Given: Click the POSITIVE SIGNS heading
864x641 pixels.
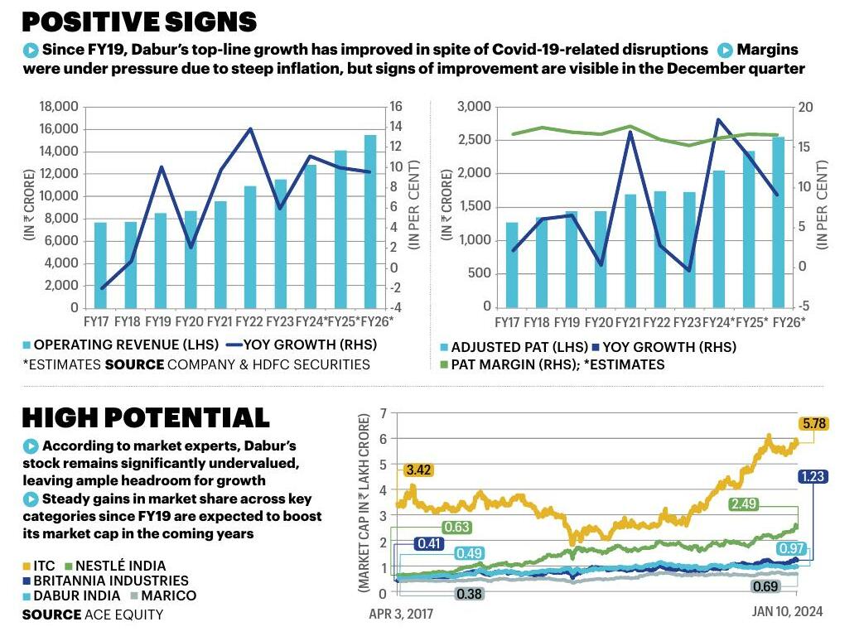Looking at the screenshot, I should point(139,21).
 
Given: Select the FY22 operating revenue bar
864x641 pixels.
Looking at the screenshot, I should point(249,247).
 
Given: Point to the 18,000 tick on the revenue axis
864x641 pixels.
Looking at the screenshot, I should point(58,107).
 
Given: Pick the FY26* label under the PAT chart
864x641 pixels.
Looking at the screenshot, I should point(789,321).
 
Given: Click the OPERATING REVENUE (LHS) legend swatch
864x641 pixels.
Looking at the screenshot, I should point(27,345).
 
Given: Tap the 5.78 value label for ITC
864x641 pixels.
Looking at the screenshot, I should point(813,424).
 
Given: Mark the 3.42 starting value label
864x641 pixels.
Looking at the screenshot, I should point(418,470).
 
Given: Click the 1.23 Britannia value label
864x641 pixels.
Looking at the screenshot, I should point(813,476).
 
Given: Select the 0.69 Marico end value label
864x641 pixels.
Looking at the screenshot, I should point(765,586).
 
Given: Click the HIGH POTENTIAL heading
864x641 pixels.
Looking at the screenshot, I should point(145,417).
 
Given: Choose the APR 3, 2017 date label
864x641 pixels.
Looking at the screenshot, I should point(401,614).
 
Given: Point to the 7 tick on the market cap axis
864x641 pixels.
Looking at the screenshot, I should point(383,412).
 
